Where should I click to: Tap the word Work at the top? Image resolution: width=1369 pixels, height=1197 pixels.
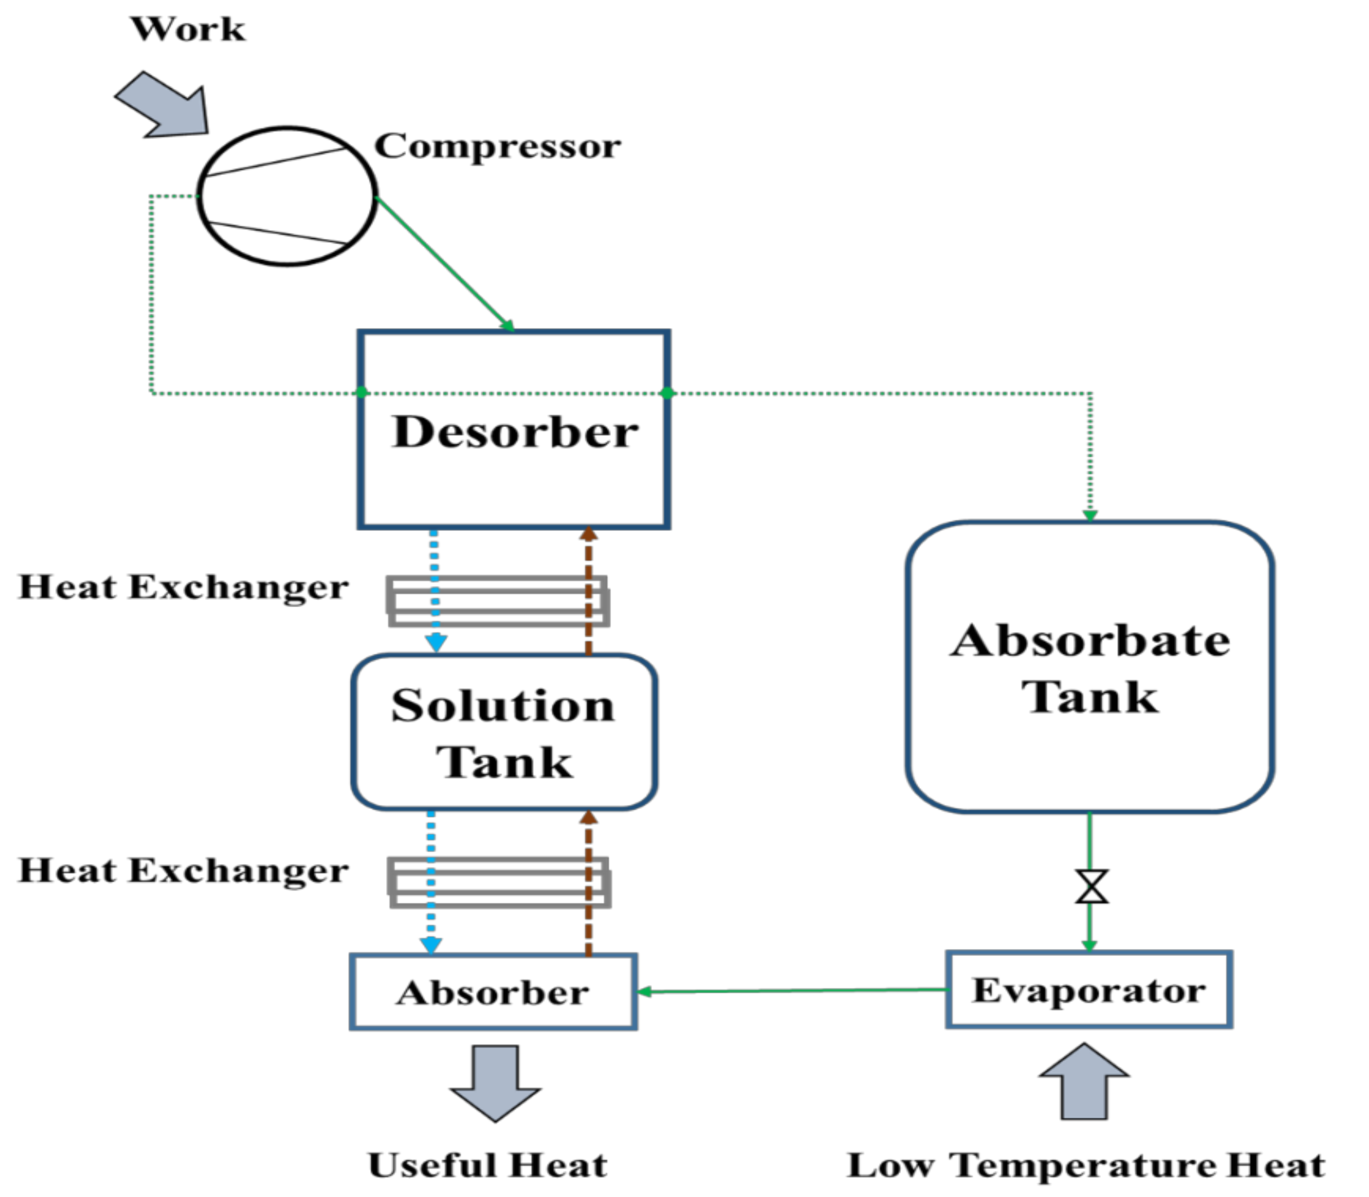click(x=188, y=29)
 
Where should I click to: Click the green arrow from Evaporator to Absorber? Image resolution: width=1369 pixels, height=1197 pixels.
click(x=792, y=991)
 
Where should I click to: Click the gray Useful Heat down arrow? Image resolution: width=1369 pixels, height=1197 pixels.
click(x=495, y=1083)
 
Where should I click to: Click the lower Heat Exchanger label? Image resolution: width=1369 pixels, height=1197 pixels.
click(x=183, y=870)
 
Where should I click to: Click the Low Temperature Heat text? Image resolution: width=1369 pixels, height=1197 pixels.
click(x=1086, y=1166)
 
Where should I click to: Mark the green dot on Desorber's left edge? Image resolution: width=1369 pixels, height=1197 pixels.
click(x=362, y=392)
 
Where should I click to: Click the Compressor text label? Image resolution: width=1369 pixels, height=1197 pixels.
click(x=498, y=146)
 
